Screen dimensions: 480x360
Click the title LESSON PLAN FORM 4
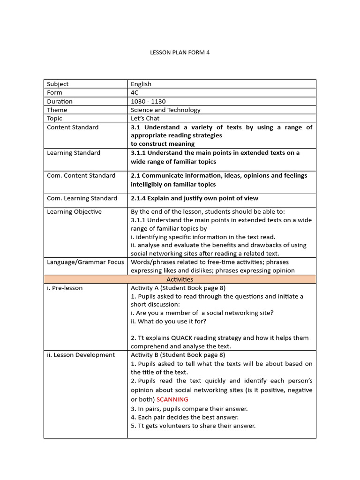pos(180,52)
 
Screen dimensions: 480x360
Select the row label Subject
pos(58,84)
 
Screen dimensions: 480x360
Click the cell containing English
pos(141,84)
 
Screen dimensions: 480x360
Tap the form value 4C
pos(135,92)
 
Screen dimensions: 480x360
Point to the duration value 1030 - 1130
pos(148,101)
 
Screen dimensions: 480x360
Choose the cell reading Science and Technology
pos(165,110)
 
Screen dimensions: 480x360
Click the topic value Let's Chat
pos(145,118)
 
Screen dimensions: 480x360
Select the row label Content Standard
pos(73,127)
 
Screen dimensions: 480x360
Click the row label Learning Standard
pos(73,152)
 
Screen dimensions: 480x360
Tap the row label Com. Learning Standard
pos(82,198)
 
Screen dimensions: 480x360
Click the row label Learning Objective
pos(74,211)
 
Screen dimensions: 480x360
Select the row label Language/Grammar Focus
pos(85,262)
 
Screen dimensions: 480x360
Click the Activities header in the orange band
pos(180,279)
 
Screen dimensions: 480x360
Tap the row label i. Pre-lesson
pos(65,288)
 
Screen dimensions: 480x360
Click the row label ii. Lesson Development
pos(81,355)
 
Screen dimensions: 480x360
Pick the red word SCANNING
pos(172,399)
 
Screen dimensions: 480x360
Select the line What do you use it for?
pos(168,321)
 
